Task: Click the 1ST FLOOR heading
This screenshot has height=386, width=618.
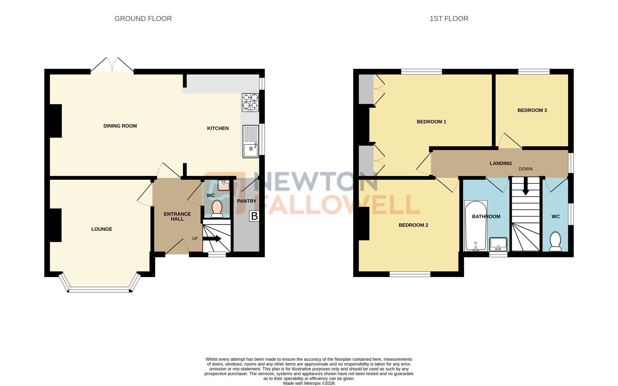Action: tap(449, 19)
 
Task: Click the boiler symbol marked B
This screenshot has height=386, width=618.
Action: tap(254, 216)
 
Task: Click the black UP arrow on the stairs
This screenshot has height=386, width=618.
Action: tap(212, 238)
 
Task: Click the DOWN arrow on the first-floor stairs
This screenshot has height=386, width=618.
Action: tap(525, 186)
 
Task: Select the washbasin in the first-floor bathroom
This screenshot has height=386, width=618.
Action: tap(498, 244)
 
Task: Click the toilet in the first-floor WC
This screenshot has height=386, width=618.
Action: tap(555, 241)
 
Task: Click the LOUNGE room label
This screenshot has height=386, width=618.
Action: tap(102, 229)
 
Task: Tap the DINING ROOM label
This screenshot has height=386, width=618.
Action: tap(120, 126)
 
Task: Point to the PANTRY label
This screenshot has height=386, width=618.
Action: tap(246, 201)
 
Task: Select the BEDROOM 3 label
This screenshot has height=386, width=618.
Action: tap(532, 110)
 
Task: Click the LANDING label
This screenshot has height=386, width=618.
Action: tap(501, 163)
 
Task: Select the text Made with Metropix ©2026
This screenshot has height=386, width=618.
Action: tap(309, 383)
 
